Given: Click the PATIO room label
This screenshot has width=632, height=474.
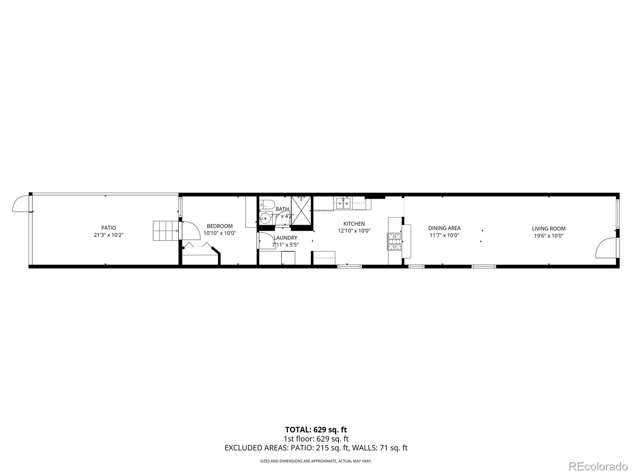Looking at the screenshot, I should pos(109,228).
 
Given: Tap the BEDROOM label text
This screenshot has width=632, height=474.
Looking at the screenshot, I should pos(220,226).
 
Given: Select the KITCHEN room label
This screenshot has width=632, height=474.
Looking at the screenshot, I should pos(354,224).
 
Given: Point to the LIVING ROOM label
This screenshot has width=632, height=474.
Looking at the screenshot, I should pos(549,229).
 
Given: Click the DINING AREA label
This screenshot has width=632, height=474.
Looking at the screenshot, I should pos(444,228).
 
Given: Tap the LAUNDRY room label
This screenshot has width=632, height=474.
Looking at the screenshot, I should pos(285,238).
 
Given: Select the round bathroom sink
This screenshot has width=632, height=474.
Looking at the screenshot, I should pos(265,217).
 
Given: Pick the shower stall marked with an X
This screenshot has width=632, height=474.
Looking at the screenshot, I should pos(301,211).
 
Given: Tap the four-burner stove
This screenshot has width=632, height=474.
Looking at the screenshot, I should pos(394,242).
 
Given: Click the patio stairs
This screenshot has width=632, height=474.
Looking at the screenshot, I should pos(165,231).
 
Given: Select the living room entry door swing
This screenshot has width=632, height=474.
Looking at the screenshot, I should pos(606,248).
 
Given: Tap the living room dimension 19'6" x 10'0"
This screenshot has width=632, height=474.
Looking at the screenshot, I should pos(549,236).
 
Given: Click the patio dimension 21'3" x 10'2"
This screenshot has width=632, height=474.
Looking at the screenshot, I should pos(109,235).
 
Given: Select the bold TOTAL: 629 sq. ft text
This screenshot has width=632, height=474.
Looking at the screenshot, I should pos(316,429).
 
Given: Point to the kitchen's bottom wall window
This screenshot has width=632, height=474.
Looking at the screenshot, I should pos(349,267).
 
